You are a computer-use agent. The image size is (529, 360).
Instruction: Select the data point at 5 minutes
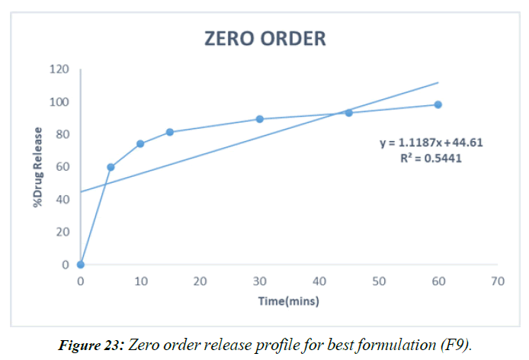click(111, 167)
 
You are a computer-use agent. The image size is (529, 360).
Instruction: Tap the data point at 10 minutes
click(140, 143)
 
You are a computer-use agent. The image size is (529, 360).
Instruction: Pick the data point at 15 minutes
click(170, 132)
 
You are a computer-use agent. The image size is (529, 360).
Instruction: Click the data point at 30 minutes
click(259, 119)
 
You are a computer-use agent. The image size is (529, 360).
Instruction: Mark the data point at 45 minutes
click(348, 112)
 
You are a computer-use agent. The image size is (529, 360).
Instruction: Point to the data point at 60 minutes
click(438, 104)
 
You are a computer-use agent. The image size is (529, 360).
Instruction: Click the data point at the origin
click(81, 265)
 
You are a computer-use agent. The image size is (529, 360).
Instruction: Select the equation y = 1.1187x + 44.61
click(432, 142)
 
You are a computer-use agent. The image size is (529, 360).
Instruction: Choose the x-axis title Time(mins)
click(287, 301)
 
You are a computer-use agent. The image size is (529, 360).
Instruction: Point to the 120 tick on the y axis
click(59, 69)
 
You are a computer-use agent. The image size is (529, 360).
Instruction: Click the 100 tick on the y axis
click(59, 102)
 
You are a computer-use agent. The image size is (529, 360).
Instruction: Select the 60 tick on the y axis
click(62, 167)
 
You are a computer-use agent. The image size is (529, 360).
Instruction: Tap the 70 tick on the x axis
click(498, 281)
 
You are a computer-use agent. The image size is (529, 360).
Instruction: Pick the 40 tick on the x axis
click(319, 281)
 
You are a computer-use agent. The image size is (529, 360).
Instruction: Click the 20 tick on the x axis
click(200, 281)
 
